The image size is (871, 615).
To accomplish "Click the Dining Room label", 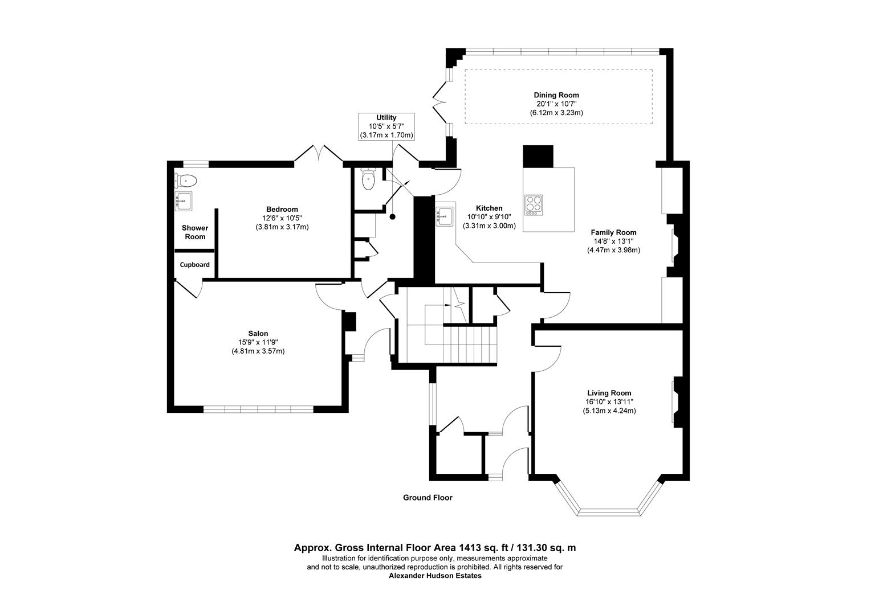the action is (x=556, y=95).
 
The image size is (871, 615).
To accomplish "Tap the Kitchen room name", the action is (x=489, y=208).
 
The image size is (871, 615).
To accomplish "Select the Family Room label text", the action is (x=613, y=233).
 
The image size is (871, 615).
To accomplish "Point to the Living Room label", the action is (x=609, y=393).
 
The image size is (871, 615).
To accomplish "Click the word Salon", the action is (x=258, y=334).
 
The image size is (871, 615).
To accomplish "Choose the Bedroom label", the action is (x=282, y=210).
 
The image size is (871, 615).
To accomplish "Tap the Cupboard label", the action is (x=194, y=265).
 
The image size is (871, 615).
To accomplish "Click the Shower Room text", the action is (x=195, y=232).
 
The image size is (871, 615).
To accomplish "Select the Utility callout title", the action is (x=386, y=118).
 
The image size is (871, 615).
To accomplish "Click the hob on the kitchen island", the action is (x=534, y=205).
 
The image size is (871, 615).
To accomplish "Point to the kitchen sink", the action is (x=445, y=215).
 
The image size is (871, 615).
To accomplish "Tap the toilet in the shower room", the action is (x=185, y=181).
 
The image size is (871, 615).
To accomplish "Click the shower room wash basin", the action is (x=183, y=201).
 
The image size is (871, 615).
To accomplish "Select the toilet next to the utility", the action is (x=368, y=179).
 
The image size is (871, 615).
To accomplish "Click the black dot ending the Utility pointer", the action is (x=393, y=217).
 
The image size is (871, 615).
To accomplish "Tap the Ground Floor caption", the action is (x=428, y=498).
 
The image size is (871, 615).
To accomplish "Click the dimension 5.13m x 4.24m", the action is (x=609, y=411).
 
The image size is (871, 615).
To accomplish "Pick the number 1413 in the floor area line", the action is (x=469, y=548).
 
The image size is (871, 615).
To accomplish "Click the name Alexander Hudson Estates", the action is (x=435, y=576).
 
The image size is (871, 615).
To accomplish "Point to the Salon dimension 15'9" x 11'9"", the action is (x=258, y=342).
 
